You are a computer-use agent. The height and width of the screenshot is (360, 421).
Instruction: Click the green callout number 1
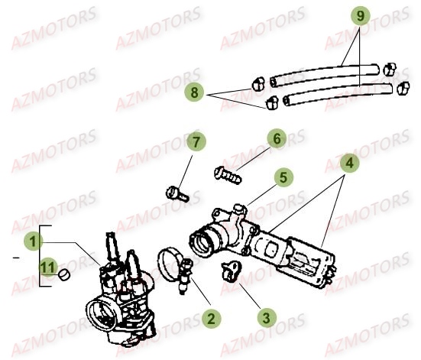33,241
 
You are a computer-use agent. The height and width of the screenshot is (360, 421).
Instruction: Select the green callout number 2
212,319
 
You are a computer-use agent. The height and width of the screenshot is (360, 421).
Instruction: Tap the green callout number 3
267,318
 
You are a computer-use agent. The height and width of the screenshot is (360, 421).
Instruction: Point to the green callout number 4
349,163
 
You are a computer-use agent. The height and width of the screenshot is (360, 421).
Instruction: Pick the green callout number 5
283,177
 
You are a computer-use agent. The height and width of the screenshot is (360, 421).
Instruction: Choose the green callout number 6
277,138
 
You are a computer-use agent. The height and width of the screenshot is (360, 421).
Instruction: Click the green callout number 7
196,141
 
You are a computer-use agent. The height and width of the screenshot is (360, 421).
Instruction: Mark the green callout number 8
194,92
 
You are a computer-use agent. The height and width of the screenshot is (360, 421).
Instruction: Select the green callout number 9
361,15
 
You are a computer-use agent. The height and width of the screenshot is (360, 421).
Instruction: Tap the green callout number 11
48,267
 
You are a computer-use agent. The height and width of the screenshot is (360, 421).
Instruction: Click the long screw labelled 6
228,175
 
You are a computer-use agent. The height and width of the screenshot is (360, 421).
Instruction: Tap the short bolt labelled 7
177,194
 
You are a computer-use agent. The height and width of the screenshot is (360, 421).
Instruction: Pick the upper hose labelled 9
324,74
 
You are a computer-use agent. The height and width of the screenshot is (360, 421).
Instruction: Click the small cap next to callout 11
64,274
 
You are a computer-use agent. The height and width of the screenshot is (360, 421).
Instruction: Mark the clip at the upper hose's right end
390,70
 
